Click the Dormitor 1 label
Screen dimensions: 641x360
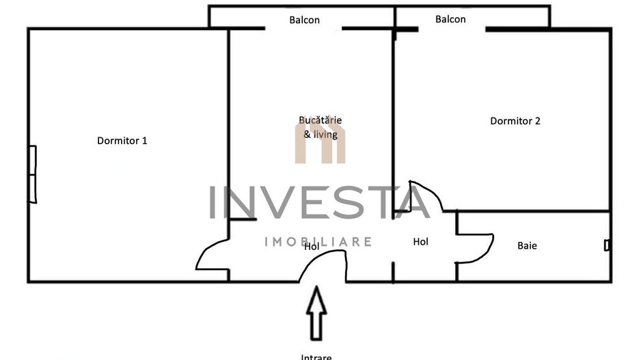point(122,141)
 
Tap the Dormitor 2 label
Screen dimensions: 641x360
point(515,121)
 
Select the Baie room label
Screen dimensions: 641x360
point(527,245)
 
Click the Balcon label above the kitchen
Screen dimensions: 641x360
point(304,20)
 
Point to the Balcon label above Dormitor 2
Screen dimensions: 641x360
point(450,19)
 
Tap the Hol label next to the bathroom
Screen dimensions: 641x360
point(421,242)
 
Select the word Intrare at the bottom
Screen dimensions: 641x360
point(316,356)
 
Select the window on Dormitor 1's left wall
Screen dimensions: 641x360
point(32,174)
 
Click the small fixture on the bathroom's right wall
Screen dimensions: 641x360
point(607,245)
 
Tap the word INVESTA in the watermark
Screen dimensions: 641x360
point(319,202)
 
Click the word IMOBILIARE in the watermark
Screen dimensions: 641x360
point(318,242)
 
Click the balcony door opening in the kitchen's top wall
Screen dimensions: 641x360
point(303,29)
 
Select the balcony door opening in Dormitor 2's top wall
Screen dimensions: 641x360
point(451,29)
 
